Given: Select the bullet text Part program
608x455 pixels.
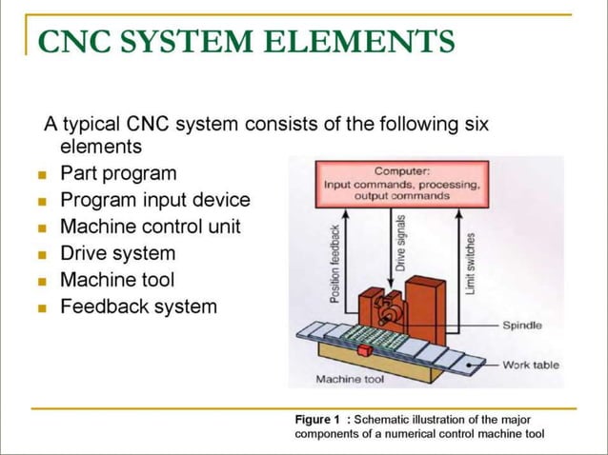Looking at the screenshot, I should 118,174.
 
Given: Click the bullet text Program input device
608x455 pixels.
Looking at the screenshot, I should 154,201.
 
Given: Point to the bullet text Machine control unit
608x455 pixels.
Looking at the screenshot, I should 150,227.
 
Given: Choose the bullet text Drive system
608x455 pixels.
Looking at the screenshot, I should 117,254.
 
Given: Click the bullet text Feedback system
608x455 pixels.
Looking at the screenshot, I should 138,307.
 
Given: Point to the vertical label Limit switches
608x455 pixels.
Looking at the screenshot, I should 470,262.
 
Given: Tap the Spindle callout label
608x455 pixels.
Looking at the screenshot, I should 522,326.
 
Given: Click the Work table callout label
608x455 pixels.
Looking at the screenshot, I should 531,365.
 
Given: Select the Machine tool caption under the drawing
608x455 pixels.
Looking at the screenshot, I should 349,380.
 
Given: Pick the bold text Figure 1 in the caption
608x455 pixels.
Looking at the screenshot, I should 317,420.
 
